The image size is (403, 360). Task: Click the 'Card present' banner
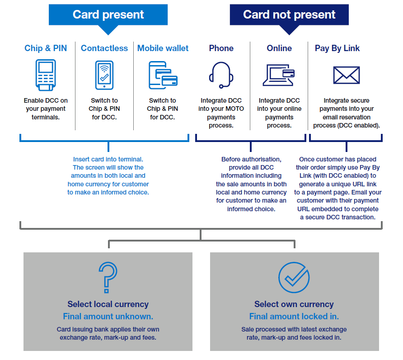[x=108, y=14]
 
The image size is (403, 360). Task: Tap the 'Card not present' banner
[x=289, y=14]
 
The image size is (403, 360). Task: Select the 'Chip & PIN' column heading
[x=46, y=48]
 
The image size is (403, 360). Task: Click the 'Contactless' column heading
[x=104, y=48]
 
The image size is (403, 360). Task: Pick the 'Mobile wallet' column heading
[x=163, y=48]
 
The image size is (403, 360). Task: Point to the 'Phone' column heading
[x=221, y=48]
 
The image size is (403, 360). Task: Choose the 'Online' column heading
[x=279, y=48]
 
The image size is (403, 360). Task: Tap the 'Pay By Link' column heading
[x=337, y=48]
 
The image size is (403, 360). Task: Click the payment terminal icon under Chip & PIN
[x=46, y=75]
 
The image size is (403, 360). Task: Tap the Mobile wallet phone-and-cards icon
[x=163, y=75]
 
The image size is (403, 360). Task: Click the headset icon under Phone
[x=221, y=75]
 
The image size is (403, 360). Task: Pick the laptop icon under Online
[x=279, y=75]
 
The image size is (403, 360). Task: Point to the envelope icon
[x=347, y=75]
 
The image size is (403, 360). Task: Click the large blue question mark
[x=108, y=277]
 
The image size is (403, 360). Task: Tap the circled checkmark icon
[x=294, y=277]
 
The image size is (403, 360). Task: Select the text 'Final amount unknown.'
[x=108, y=317]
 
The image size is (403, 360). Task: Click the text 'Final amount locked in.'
[x=294, y=317]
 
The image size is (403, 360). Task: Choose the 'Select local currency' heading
[x=108, y=304]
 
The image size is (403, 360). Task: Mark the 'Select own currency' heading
[x=294, y=304]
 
